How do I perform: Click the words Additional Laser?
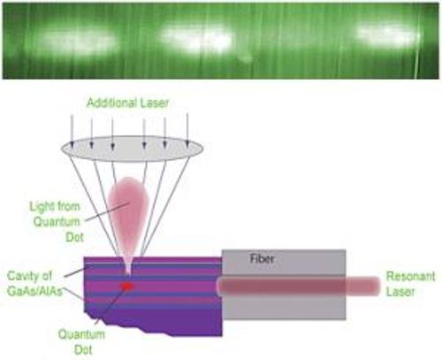127,103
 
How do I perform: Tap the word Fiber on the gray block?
262,258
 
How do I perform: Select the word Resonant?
410,276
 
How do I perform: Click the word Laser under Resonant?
400,292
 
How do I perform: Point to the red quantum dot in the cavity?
126,286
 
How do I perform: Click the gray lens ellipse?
132,149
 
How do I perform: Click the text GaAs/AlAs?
34,291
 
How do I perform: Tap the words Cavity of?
29,276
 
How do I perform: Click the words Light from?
55,206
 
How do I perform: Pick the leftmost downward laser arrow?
72,131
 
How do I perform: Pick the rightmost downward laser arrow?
187,130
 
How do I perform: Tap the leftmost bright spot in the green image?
77,42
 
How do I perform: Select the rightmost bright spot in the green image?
387,35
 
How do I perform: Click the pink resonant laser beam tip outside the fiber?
363,286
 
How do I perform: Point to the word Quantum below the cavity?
81,334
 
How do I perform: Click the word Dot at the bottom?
83,349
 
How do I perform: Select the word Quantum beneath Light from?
57,222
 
